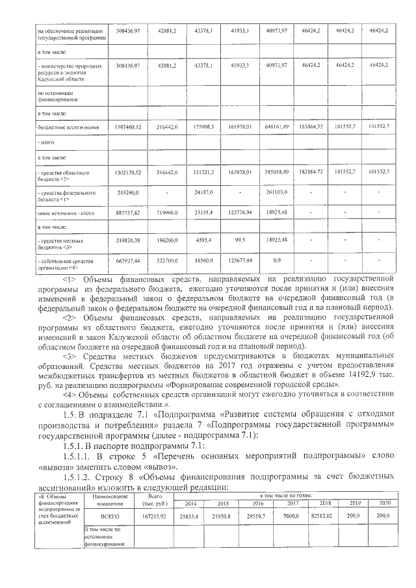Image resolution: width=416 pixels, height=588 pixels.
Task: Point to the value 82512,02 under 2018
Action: point(321,515)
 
